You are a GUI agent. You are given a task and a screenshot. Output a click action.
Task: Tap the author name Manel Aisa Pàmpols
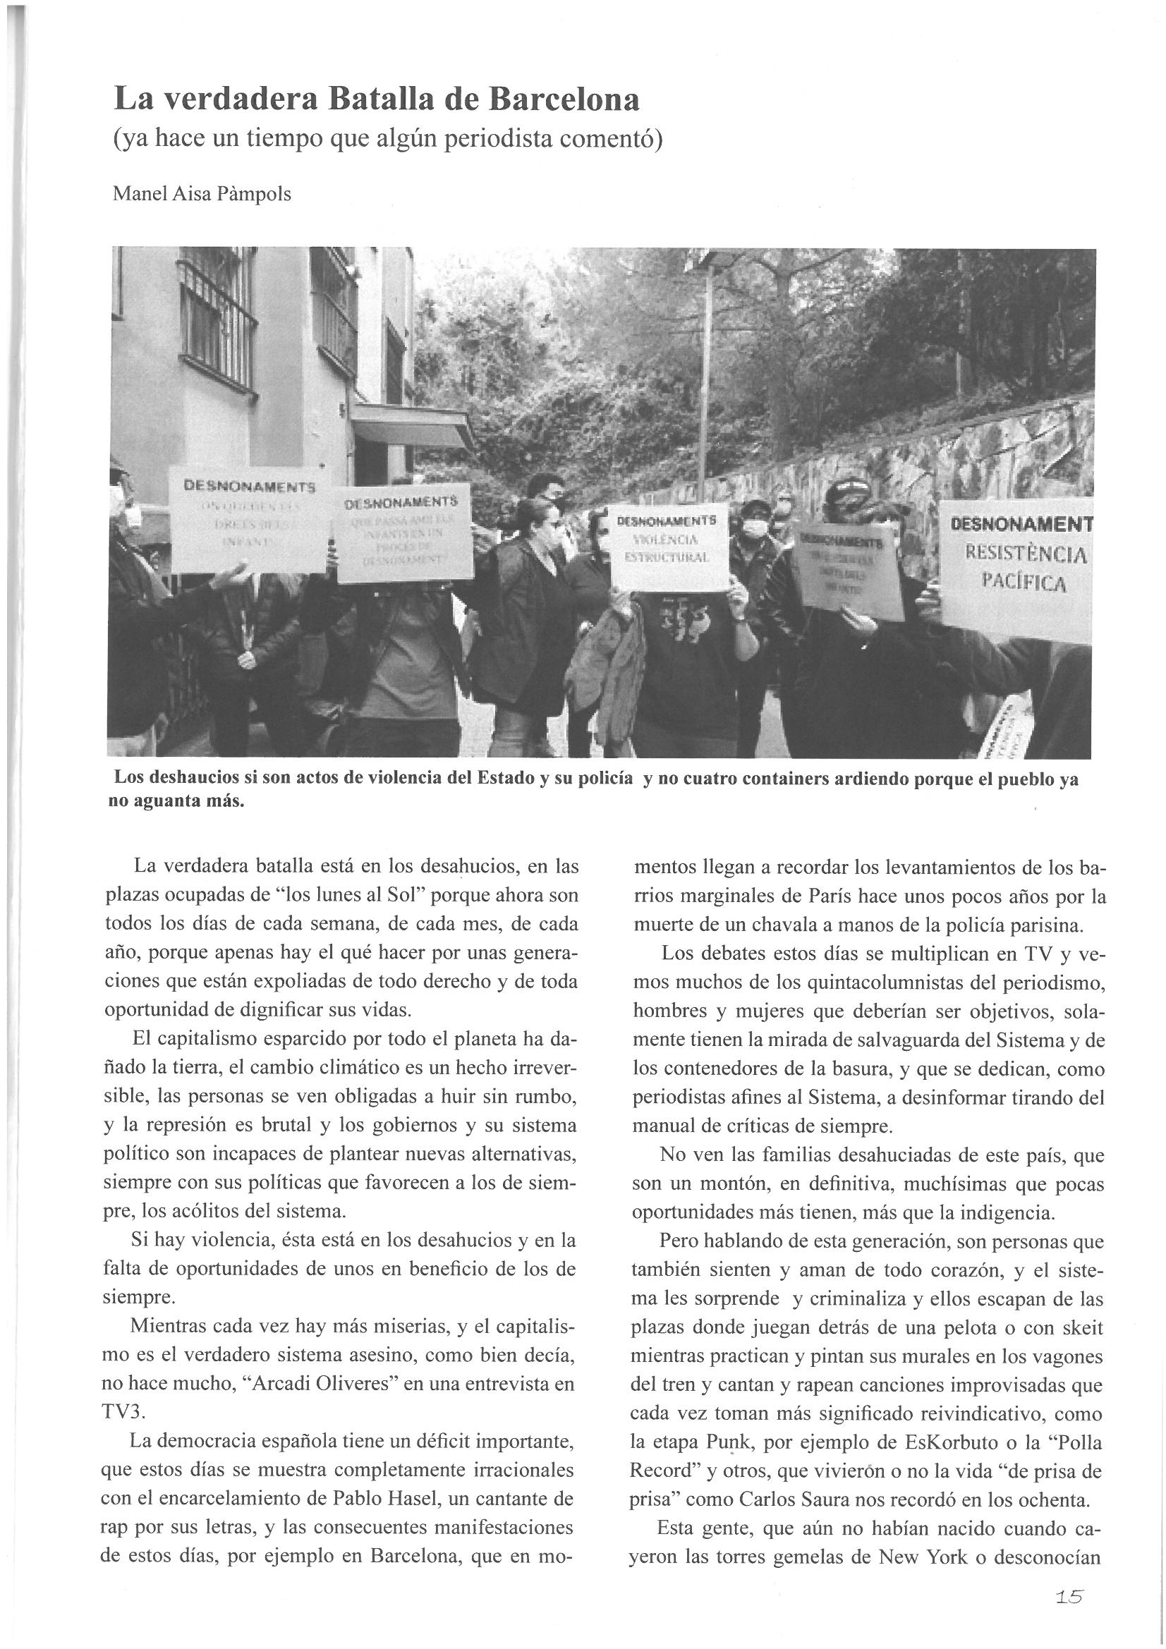(x=202, y=194)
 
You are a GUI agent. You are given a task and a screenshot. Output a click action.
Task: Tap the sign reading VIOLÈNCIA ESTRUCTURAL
(x=668, y=548)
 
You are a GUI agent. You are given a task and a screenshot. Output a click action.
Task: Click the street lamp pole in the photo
(x=708, y=374)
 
